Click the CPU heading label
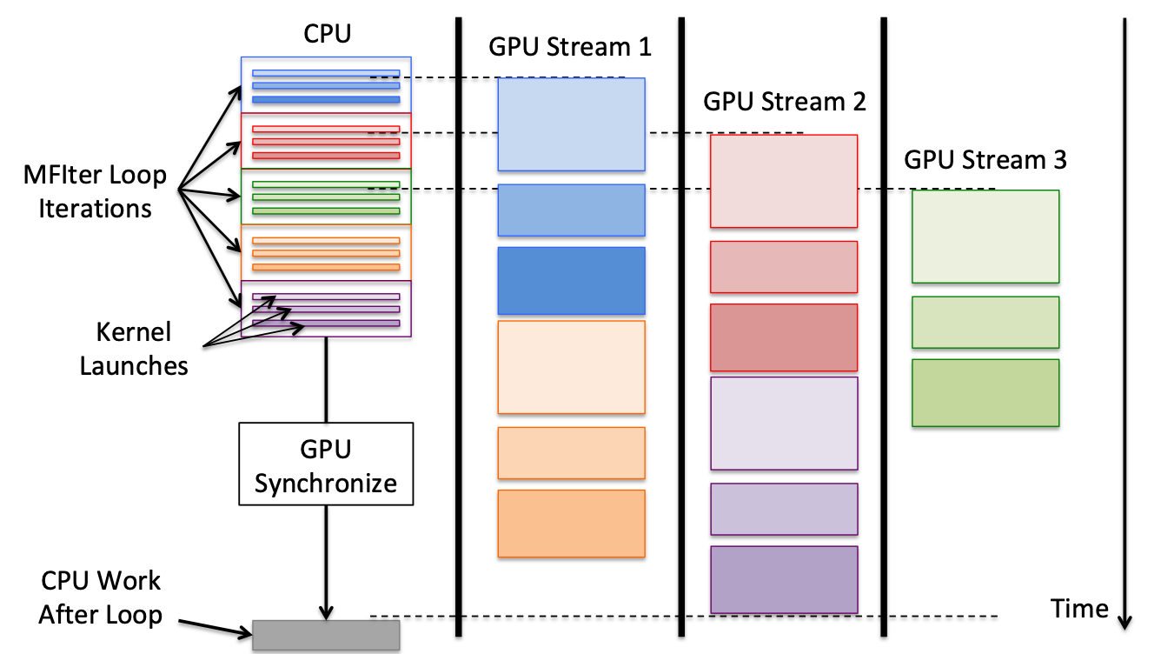[327, 34]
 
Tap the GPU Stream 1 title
[569, 47]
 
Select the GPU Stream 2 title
[784, 101]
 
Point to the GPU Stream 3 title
[985, 159]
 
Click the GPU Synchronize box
[326, 464]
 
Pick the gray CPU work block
[326, 635]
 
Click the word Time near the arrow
[1079, 609]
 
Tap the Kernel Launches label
[134, 349]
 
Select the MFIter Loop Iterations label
[95, 191]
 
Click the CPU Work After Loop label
[101, 597]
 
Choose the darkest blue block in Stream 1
[571, 281]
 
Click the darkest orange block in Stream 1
[571, 524]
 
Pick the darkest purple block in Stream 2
[784, 579]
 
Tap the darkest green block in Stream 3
[985, 392]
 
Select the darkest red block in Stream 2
[784, 337]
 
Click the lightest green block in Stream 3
[985, 237]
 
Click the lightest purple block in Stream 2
[784, 424]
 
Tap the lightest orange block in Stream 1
[571, 367]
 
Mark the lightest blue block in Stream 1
[571, 124]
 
